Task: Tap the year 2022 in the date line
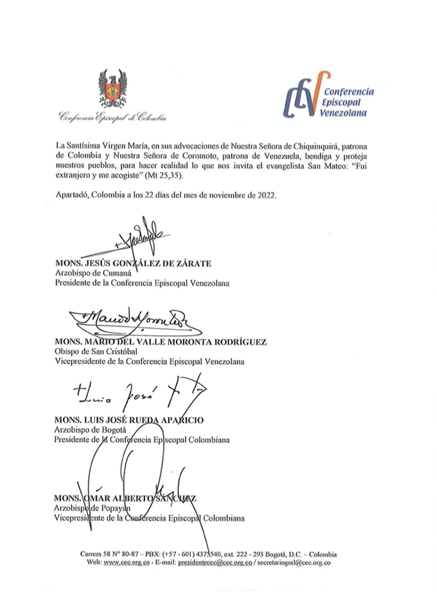coord(265,195)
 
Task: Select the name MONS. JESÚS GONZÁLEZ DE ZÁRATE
coord(133,263)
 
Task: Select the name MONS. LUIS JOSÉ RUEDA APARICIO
coord(133,421)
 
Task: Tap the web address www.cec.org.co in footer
coord(128,562)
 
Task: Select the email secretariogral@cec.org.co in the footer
coord(295,562)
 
